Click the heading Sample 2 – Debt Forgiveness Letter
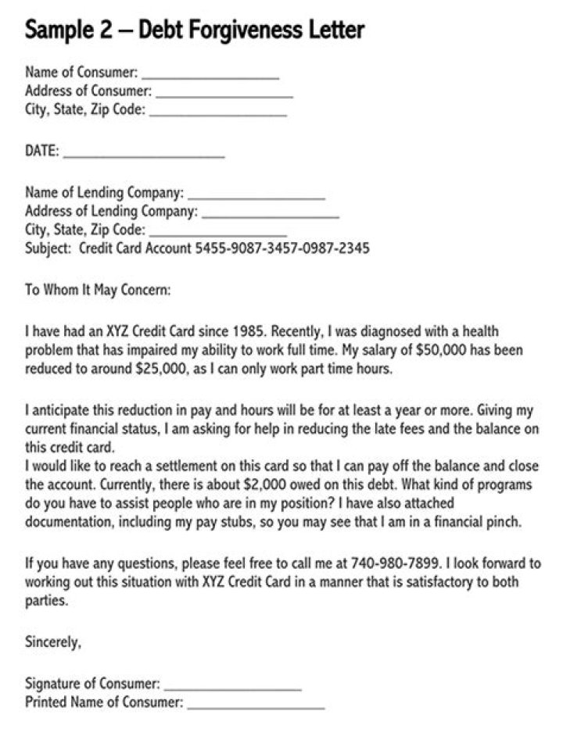pos(195,30)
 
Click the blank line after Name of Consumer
pos(210,77)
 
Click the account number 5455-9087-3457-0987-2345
pos(282,248)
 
